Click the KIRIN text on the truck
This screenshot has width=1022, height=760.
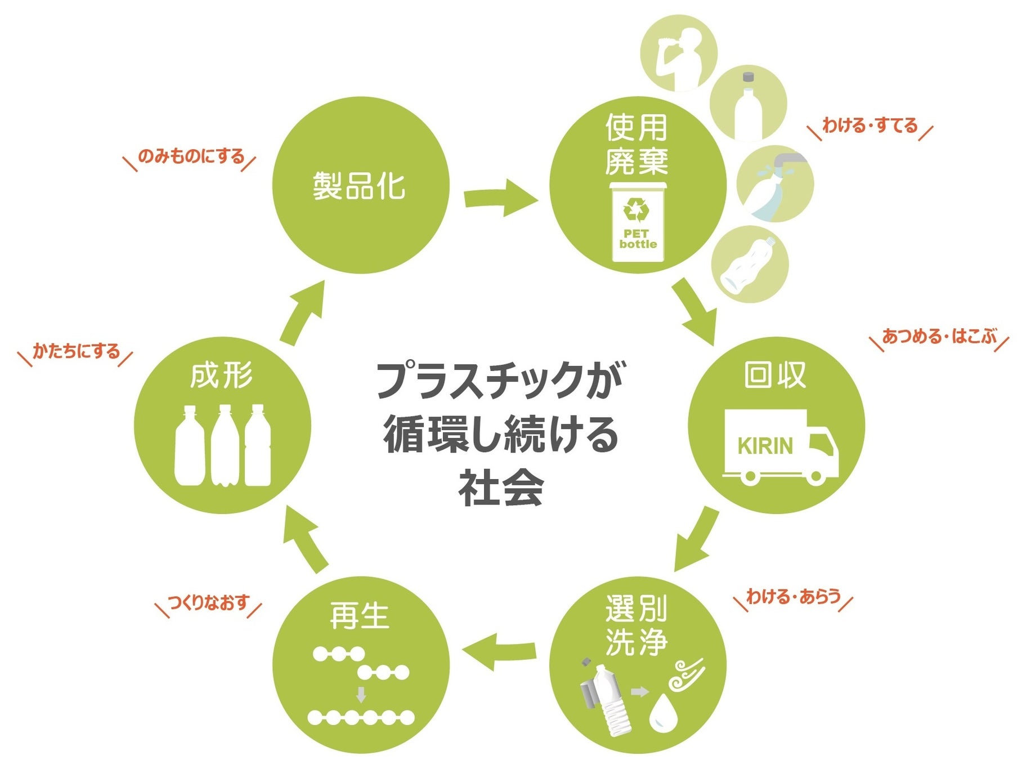pos(765,446)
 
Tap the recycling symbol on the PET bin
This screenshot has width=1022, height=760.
pos(636,211)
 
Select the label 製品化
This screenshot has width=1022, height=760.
pos(359,186)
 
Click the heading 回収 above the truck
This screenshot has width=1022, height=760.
pos(776,375)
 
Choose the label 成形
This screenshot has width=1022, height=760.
pos(221,376)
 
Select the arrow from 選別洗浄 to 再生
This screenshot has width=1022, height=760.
pos(497,651)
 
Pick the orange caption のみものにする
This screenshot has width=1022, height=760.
pos(191,156)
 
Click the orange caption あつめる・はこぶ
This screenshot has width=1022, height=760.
pos(939,337)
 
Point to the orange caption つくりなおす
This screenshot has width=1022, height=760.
pos(208,603)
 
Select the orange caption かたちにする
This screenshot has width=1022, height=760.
pos(76,351)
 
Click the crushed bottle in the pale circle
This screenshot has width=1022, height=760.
pos(748,265)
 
